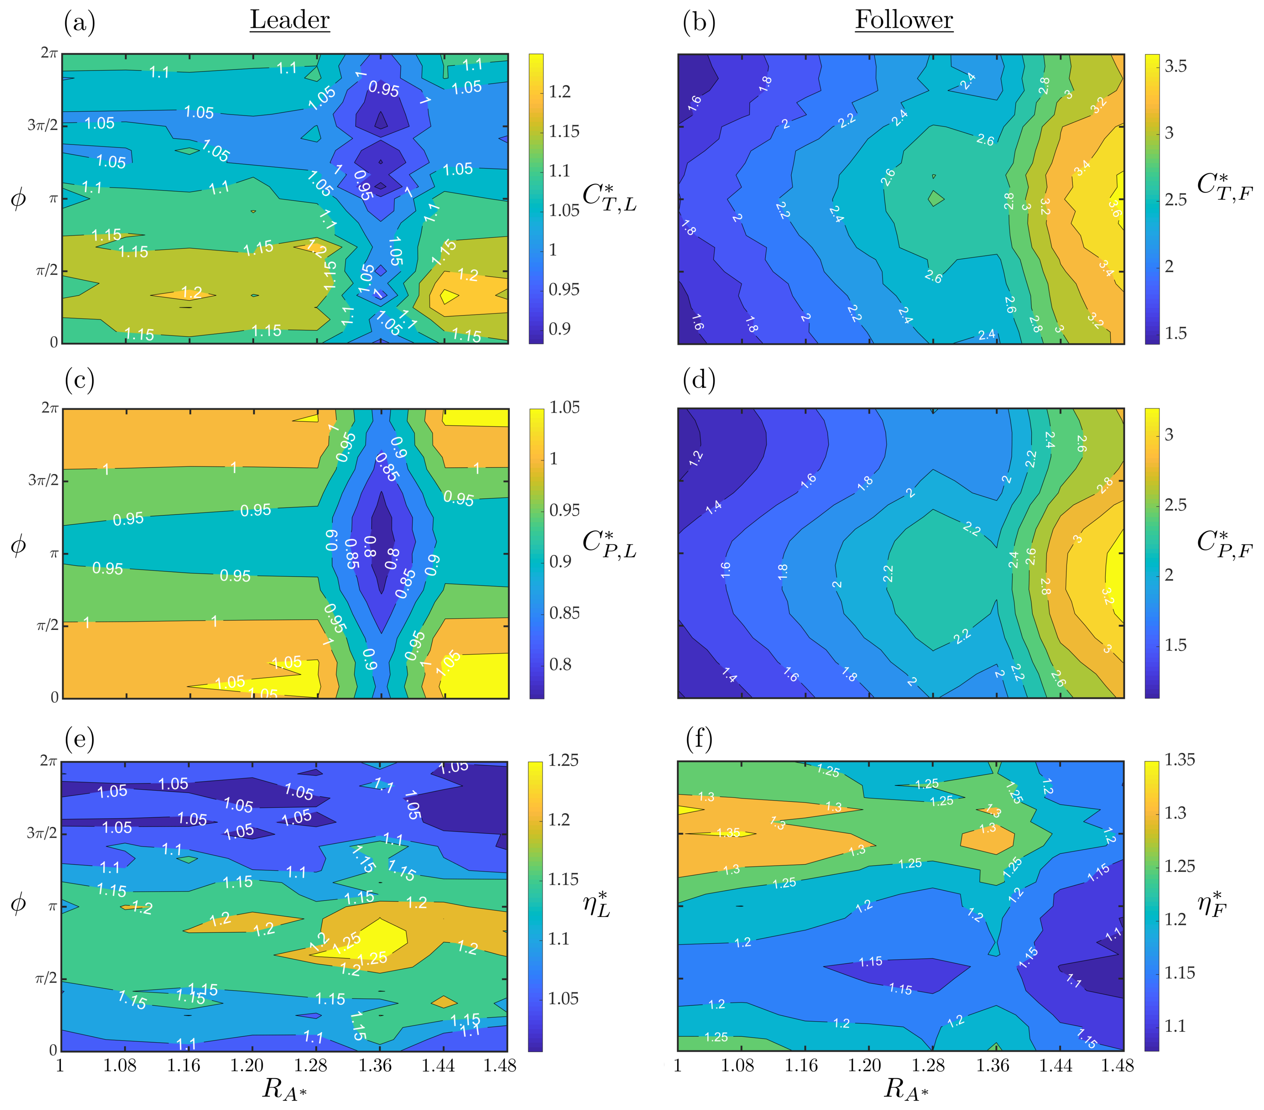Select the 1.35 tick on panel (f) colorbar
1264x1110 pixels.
point(1179,760)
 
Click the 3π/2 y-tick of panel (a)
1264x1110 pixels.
point(42,126)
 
